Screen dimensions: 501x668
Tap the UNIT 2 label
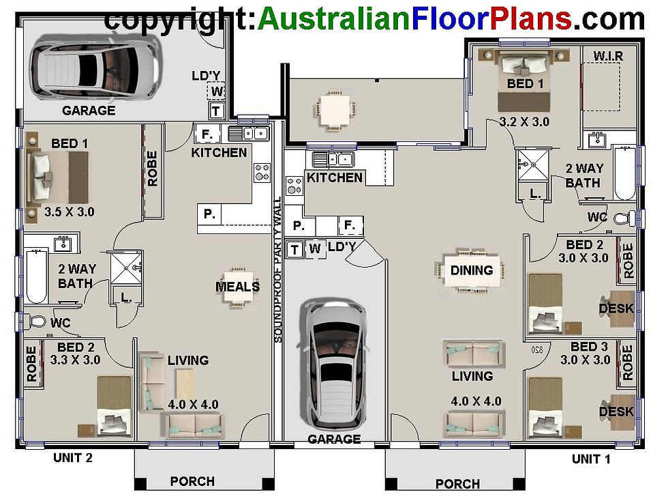tap(73, 458)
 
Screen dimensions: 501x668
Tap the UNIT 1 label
tap(591, 459)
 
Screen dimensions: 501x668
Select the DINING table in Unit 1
tap(472, 271)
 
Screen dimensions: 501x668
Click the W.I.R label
tap(608, 55)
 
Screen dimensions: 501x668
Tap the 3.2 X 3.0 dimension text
tap(524, 122)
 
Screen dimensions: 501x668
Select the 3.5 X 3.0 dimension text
tap(69, 212)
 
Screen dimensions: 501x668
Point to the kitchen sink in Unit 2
tap(248, 133)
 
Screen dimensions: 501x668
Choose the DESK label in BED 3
tap(616, 412)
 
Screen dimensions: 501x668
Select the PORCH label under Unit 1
tap(457, 484)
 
